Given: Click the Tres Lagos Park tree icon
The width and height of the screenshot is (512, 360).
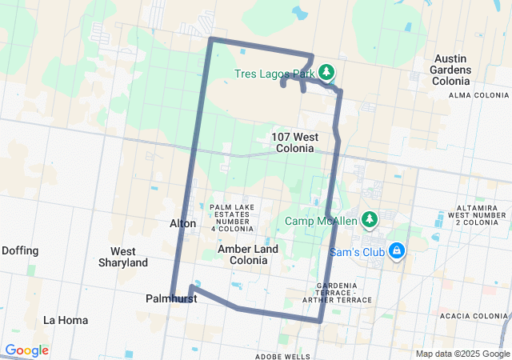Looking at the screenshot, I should (x=326, y=73).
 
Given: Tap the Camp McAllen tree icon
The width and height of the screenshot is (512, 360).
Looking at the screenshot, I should (x=369, y=218).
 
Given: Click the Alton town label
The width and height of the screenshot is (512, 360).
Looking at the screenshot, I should (x=182, y=223).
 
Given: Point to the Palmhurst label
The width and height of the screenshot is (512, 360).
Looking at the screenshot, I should (x=171, y=298).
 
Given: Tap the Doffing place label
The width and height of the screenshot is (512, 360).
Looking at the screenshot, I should (x=20, y=250).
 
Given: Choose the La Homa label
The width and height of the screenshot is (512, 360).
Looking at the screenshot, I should (x=66, y=320).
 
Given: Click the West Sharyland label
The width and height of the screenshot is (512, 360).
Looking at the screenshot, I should (x=123, y=257).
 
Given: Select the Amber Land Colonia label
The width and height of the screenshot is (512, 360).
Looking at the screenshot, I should (x=248, y=254).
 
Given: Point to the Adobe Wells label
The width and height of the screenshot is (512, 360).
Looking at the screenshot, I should (x=282, y=356).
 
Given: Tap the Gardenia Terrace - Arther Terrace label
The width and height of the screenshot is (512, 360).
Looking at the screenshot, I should (x=344, y=293).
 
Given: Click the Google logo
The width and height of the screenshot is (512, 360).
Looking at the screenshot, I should (x=27, y=350).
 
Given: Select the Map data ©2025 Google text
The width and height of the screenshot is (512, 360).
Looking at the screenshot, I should (x=462, y=354).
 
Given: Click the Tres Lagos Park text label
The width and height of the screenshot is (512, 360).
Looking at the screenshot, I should (x=274, y=74).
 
